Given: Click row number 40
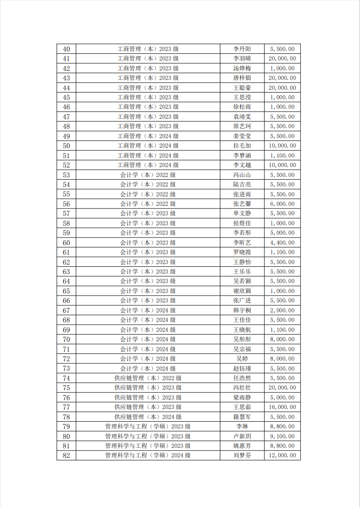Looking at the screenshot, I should pyautogui.click(x=66, y=49).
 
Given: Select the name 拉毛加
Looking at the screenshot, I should pyautogui.click(x=242, y=146).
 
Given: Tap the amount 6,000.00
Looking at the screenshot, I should pyautogui.click(x=282, y=204).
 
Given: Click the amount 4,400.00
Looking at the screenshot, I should pyautogui.click(x=282, y=243).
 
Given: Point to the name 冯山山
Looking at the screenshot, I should pyautogui.click(x=242, y=175).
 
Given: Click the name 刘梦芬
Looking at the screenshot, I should pyautogui.click(x=242, y=456).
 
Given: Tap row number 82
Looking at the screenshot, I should pyautogui.click(x=66, y=456).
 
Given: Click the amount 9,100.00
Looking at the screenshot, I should pyautogui.click(x=282, y=437).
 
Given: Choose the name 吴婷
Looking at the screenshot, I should pyautogui.click(x=242, y=359).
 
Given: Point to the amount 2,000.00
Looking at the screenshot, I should pyautogui.click(x=282, y=311).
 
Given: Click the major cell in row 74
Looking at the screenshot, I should pyautogui.click(x=148, y=378).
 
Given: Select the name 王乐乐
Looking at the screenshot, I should pyautogui.click(x=242, y=272).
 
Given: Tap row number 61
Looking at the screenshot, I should pyautogui.click(x=66, y=252).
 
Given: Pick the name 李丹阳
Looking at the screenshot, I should pyautogui.click(x=242, y=49).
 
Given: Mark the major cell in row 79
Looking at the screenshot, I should pyautogui.click(x=148, y=427).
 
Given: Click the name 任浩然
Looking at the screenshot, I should pyautogui.click(x=242, y=378).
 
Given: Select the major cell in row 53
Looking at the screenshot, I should pyautogui.click(x=148, y=175).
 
